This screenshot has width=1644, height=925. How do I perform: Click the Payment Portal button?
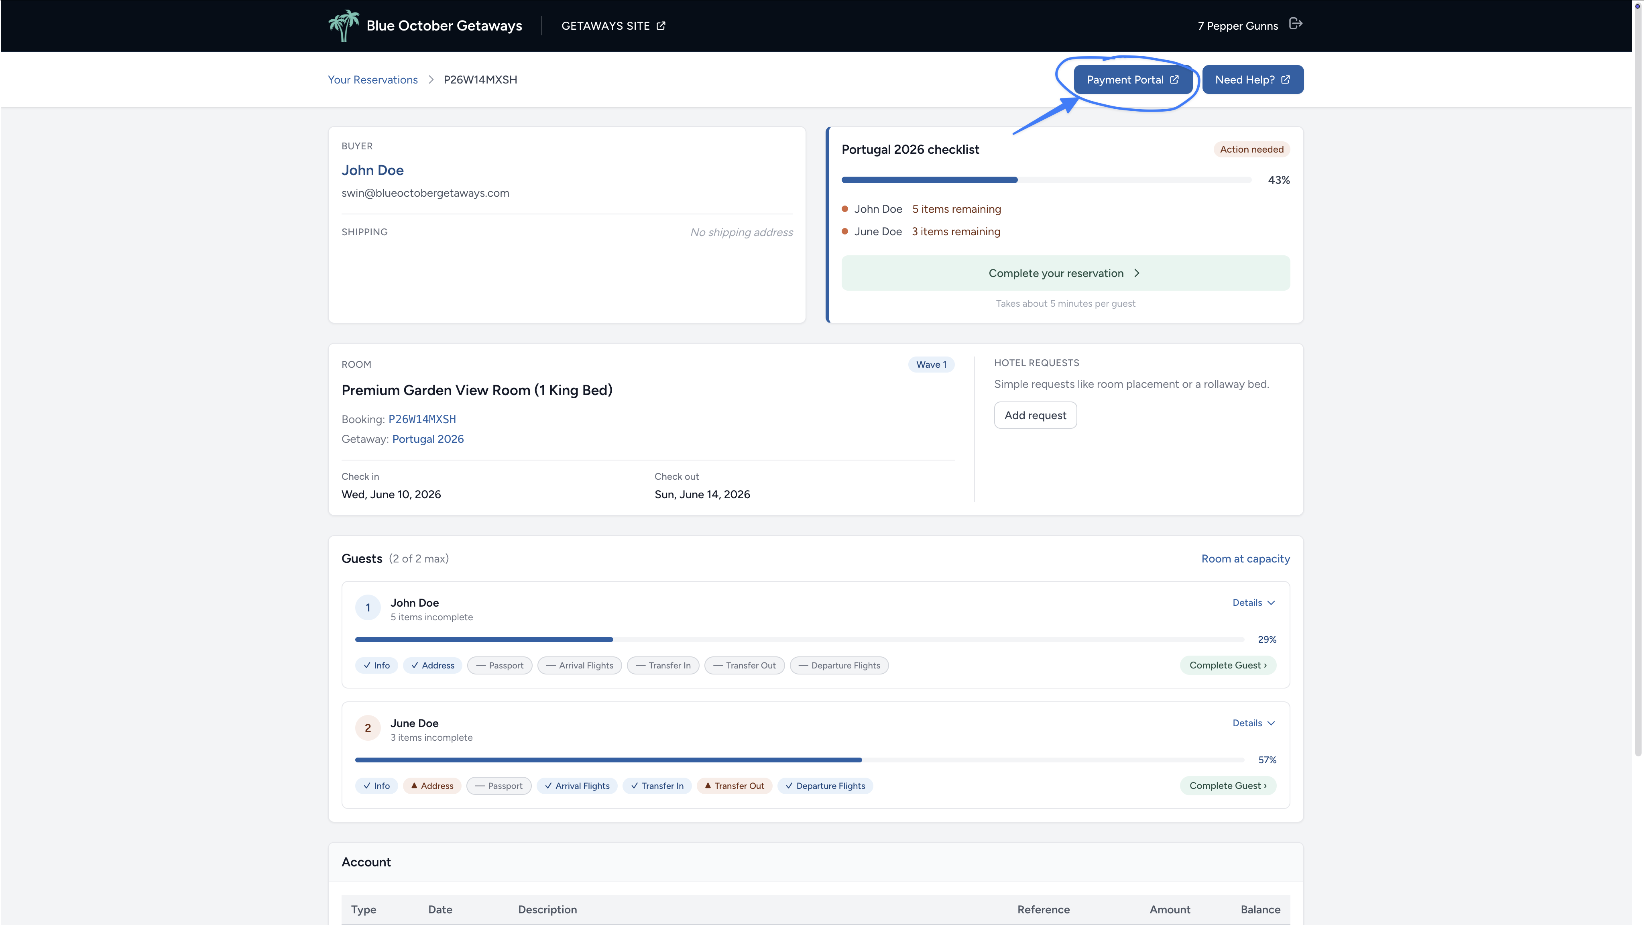(1133, 80)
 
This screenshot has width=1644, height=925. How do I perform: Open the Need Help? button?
(1252, 80)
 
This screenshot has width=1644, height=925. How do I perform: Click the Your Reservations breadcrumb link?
(373, 80)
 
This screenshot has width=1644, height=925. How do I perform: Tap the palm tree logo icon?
(343, 26)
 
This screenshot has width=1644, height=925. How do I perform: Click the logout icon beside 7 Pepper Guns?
(1296, 24)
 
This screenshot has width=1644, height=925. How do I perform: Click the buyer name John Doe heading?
(373, 171)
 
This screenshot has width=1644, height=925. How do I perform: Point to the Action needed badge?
(1251, 149)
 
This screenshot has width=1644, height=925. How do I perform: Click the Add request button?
(1035, 416)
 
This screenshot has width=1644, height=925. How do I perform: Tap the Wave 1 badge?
(931, 365)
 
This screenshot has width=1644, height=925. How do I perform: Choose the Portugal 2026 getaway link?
(427, 439)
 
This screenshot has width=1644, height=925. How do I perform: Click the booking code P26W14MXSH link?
(422, 420)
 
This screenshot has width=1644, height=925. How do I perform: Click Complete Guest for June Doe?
(1228, 786)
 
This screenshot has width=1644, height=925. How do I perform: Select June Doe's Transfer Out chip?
(734, 786)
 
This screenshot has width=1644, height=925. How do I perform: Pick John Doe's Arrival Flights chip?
(580, 665)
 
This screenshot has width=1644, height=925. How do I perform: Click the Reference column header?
(1044, 910)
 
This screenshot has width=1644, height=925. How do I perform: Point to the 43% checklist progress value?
(1278, 180)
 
